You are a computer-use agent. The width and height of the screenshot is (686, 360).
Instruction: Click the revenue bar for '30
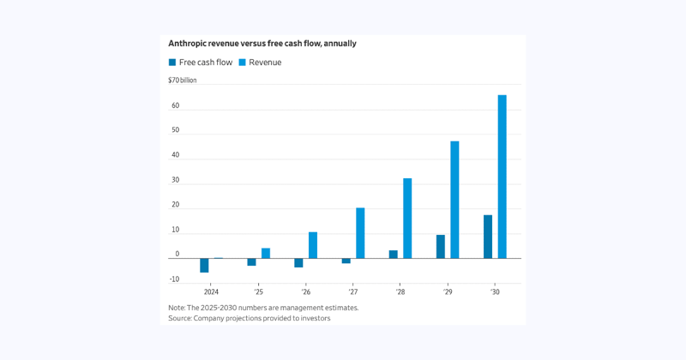click(502, 177)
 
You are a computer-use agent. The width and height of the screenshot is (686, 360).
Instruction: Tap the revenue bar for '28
click(407, 219)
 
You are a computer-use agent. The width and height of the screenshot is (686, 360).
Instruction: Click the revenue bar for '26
click(313, 245)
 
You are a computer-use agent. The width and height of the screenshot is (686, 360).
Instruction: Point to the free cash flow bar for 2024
click(204, 265)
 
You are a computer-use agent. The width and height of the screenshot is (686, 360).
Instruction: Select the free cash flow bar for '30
click(488, 237)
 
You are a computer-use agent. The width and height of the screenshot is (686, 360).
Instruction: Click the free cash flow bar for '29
click(441, 247)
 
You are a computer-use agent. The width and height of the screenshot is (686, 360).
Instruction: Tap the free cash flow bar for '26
click(298, 262)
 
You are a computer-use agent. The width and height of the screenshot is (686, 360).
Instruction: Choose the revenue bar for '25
click(266, 253)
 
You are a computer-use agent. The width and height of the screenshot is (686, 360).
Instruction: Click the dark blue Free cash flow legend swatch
click(172, 63)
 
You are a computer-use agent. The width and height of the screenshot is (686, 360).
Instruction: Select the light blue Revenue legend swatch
click(242, 63)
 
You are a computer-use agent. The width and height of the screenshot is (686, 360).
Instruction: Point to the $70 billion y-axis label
click(182, 81)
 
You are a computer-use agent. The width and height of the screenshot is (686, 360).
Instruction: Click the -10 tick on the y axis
click(174, 279)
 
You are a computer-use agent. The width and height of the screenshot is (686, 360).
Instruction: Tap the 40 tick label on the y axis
click(175, 155)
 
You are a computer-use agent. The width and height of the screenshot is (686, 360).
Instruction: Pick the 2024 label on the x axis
click(211, 292)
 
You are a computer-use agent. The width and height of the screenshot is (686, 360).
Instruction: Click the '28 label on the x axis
click(400, 292)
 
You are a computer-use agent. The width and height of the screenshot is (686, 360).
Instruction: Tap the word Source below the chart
click(180, 318)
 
